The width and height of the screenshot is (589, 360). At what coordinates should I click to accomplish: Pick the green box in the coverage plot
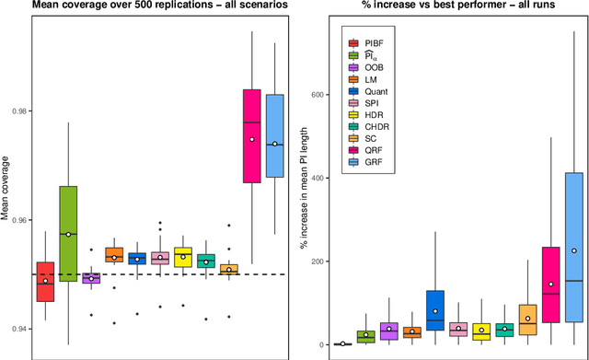[x=67, y=233]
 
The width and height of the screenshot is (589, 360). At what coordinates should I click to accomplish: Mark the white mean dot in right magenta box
[x=549, y=285]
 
